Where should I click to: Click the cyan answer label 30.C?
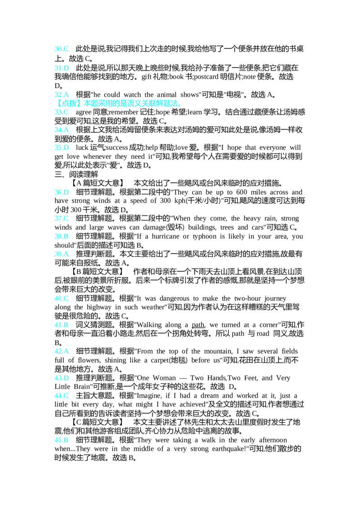[61, 49]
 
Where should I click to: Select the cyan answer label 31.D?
[62, 68]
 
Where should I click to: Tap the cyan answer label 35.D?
[62, 147]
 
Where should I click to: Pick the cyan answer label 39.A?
[62, 254]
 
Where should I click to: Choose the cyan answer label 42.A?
[62, 351]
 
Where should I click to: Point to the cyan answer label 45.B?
[61, 440]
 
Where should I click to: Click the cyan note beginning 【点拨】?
[118, 103]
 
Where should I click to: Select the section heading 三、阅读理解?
[76, 174]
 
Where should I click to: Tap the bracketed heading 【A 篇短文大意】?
[97, 183]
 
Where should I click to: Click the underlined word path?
[198, 325]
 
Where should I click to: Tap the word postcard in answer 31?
[206, 77]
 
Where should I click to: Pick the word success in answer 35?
[117, 147]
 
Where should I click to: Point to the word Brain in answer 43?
[81, 387]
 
